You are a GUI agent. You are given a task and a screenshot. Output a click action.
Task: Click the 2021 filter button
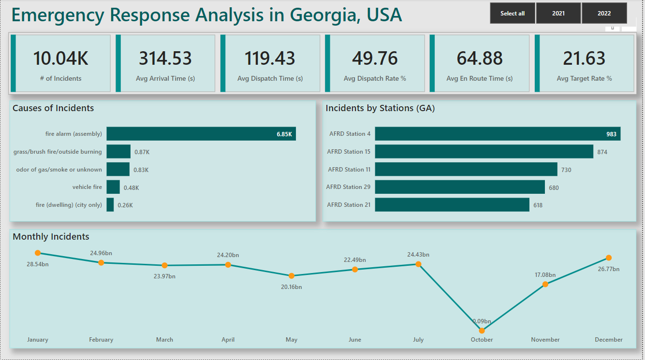558,14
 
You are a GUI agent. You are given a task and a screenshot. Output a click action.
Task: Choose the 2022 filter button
604,14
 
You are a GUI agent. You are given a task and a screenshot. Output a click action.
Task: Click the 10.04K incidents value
60,58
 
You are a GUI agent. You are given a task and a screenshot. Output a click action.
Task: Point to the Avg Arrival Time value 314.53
165,58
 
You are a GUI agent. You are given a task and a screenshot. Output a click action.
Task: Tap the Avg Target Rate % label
584,78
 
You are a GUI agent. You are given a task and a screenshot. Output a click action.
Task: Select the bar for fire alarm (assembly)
201,134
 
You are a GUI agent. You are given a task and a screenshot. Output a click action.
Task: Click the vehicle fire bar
113,187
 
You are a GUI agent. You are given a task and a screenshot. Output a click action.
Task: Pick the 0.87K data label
142,152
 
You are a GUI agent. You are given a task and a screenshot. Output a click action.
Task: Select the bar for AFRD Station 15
484,152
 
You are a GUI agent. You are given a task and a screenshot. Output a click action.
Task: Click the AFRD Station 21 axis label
349,205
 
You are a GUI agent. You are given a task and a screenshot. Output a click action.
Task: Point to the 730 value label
566,170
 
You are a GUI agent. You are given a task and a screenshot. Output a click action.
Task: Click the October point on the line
482,331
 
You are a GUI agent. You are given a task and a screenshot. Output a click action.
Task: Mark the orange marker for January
38,253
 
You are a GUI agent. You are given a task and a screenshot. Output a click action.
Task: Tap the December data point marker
609,258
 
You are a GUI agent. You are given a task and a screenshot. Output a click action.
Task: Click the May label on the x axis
292,340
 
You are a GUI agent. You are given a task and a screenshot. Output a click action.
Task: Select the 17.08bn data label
545,275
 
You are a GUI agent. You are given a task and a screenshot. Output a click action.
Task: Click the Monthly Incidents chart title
51,237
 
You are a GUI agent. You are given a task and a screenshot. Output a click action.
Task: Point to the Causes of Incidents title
53,108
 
